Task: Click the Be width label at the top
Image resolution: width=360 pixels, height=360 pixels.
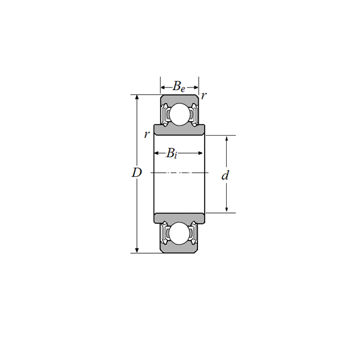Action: (179, 86)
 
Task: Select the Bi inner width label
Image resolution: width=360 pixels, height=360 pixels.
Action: (172, 154)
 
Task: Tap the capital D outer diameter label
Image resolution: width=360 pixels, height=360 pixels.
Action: (137, 173)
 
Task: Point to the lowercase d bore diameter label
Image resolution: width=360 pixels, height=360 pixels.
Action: (225, 176)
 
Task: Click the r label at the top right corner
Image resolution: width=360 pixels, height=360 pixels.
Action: (204, 95)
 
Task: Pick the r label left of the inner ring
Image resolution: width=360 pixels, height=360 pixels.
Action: (146, 134)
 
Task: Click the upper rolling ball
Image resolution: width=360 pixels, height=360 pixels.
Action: (179, 114)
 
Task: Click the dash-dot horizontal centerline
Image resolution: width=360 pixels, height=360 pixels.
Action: (179, 173)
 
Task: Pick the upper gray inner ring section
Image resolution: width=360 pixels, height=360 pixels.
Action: (179, 130)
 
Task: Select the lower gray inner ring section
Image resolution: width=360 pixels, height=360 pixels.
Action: (179, 217)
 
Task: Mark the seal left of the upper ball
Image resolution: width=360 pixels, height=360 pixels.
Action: (164, 113)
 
